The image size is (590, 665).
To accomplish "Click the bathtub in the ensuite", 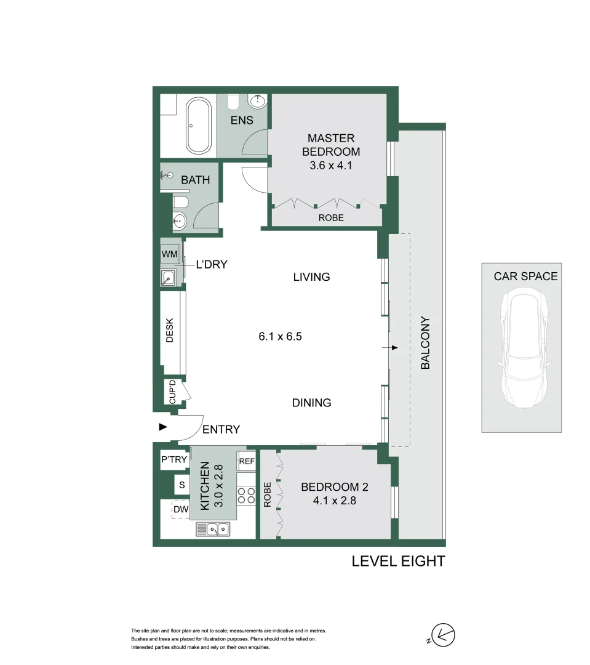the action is pyautogui.click(x=199, y=126).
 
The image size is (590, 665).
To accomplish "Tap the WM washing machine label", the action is pyautogui.click(x=170, y=254).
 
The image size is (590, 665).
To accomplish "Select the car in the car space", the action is pyautogui.click(x=524, y=348).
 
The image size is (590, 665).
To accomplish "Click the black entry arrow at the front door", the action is pyautogui.click(x=163, y=427).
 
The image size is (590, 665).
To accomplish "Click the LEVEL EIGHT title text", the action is pyautogui.click(x=399, y=561).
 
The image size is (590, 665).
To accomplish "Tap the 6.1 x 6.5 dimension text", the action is pyautogui.click(x=280, y=336).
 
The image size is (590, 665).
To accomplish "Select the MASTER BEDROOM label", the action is pyautogui.click(x=331, y=145).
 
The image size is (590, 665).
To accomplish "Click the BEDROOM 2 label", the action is pyautogui.click(x=335, y=487).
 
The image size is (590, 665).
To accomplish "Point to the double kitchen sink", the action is pyautogui.click(x=213, y=530).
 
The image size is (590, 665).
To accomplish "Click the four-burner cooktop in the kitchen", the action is pyautogui.click(x=246, y=495).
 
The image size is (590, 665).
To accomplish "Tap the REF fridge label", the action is pyautogui.click(x=247, y=461).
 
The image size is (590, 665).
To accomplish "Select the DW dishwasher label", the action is pyautogui.click(x=181, y=509).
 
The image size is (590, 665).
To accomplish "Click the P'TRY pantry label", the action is pyautogui.click(x=174, y=459).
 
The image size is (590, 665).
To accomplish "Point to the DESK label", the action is pyautogui.click(x=170, y=330).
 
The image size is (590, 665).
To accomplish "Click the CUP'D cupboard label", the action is pyautogui.click(x=172, y=392).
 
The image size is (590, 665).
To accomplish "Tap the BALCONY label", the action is pyautogui.click(x=425, y=343).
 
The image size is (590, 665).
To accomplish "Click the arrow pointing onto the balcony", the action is pyautogui.click(x=390, y=348).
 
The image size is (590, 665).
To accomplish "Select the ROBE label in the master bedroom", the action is pyautogui.click(x=331, y=217).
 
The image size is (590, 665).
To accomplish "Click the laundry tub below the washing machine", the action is pyautogui.click(x=169, y=278).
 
